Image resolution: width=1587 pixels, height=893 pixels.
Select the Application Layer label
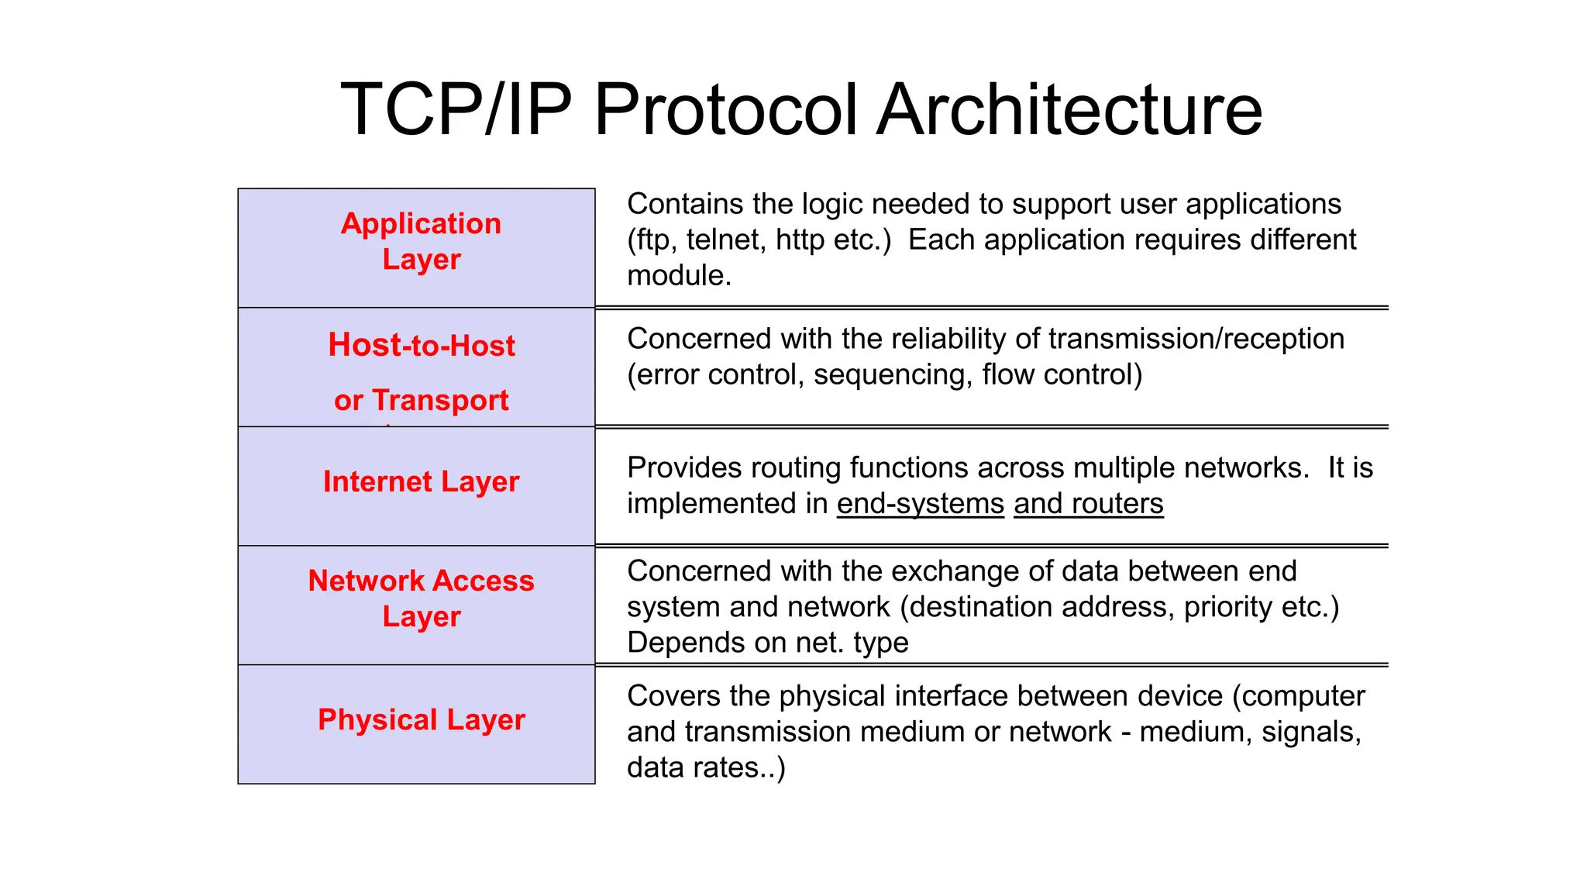coord(421,241)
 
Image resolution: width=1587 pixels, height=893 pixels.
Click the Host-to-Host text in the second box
coord(421,345)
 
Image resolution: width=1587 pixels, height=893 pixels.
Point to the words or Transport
coord(421,400)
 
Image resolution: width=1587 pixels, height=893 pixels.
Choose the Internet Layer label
coord(421,481)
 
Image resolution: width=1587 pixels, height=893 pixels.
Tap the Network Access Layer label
coord(421,598)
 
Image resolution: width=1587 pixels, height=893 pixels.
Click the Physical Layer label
coord(421,719)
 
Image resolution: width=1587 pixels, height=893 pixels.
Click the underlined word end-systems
coord(920,504)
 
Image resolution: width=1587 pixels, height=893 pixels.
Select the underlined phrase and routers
coord(1088,504)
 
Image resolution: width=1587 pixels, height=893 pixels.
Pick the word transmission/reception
coord(1196,340)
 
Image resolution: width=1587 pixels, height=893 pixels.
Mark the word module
coord(678,276)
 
